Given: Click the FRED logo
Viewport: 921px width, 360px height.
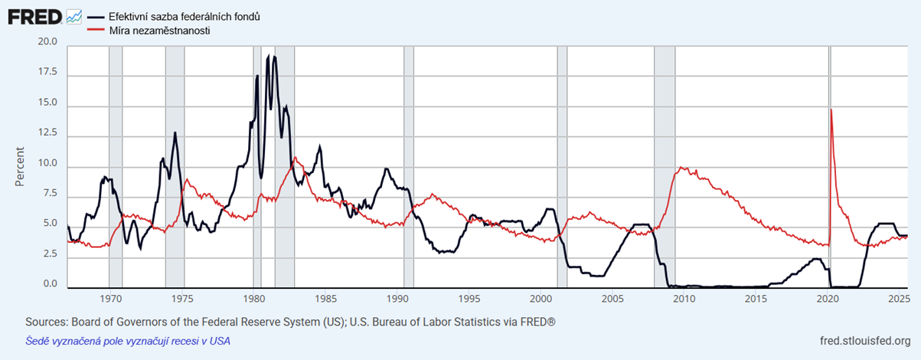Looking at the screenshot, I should [x=35, y=16].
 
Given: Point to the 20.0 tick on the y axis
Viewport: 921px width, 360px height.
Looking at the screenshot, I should [x=48, y=42].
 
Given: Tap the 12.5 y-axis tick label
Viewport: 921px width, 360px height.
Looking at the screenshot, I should [x=48, y=133].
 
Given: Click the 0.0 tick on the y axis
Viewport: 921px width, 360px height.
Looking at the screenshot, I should [x=50, y=284].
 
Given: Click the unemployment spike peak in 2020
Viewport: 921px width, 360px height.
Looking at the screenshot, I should [x=831, y=110].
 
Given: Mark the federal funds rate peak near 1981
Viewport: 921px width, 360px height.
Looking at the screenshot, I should [x=273, y=57].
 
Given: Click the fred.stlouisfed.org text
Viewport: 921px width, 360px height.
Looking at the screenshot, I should [x=865, y=341].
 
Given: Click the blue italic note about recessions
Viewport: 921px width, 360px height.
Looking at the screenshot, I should [x=128, y=341].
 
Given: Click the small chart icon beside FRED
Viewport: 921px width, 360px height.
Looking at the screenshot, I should [x=74, y=16].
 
